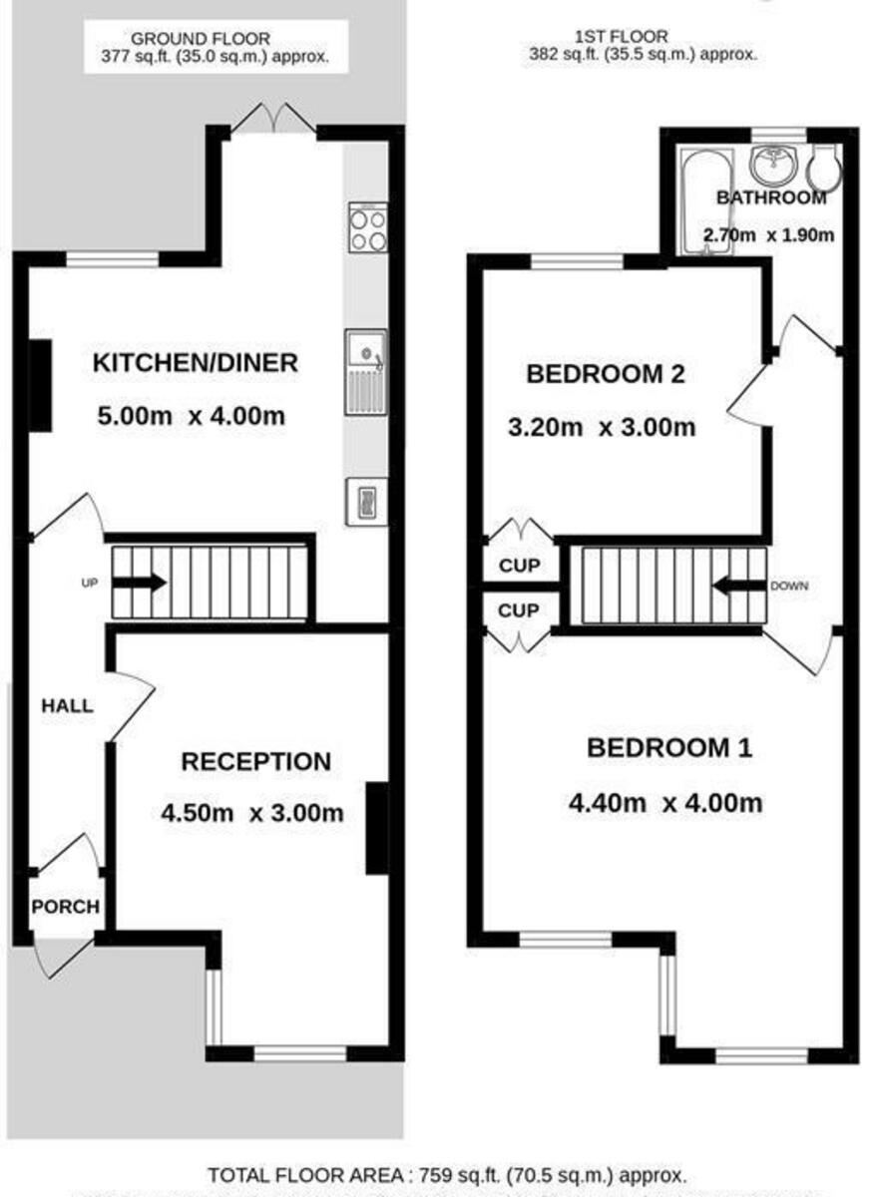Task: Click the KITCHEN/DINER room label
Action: coord(196,363)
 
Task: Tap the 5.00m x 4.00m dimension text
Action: coord(189,415)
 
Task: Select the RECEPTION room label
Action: coord(255,762)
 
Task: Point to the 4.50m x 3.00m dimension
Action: coord(251,813)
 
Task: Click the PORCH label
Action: coord(65,907)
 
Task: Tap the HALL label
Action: coord(67,706)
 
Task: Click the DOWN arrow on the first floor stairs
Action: coord(738,587)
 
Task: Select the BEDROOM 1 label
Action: coord(668,747)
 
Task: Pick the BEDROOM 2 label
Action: coord(605,375)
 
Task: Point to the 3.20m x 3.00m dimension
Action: coord(602,428)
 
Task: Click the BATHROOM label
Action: coord(771,198)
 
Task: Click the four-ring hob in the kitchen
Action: coord(367,227)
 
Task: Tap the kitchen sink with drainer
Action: coord(366,371)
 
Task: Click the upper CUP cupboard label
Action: coord(518,567)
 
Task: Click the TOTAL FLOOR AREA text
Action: coord(447,1175)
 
